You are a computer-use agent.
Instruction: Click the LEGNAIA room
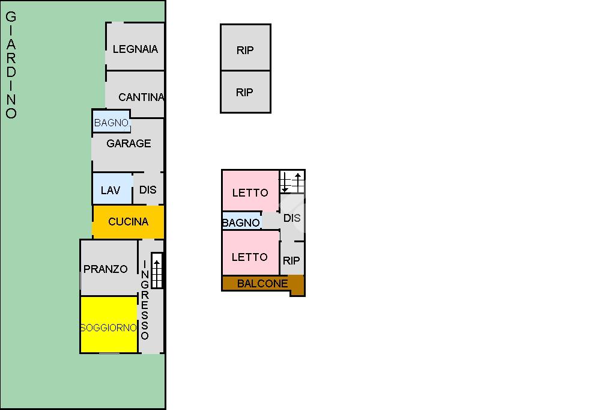coord(135,49)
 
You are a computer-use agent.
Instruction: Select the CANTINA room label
coord(141,97)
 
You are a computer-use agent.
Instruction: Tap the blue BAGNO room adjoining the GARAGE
coord(111,123)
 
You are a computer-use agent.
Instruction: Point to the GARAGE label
coord(129,144)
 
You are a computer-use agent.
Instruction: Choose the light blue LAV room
coord(111,190)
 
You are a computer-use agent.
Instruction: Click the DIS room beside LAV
coord(148,189)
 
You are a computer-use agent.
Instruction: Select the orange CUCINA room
coord(128,222)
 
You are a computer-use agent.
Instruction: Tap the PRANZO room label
coord(106,269)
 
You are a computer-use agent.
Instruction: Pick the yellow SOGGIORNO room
coord(109,328)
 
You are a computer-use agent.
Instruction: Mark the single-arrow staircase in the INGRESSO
coord(157,271)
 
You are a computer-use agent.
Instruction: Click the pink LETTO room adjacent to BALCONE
coord(250,257)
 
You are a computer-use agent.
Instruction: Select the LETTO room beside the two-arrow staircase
coord(250,192)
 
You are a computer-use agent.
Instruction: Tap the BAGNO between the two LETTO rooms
coord(241,222)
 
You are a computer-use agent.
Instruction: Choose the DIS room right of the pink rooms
coord(292,218)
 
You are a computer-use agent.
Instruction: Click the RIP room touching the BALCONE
coord(291,260)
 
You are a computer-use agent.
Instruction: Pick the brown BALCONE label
coord(262,284)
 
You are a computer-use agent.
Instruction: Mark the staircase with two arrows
coord(292,182)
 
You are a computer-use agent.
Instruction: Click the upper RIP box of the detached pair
coord(245,50)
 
